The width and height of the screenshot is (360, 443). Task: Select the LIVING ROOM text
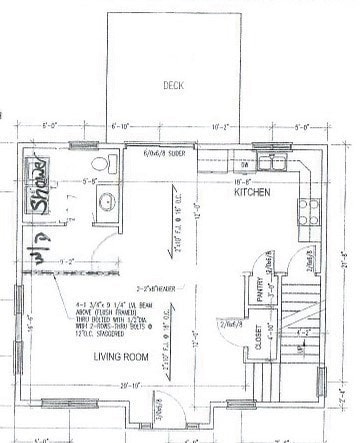(122, 357)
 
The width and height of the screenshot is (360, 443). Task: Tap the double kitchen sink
(269, 158)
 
